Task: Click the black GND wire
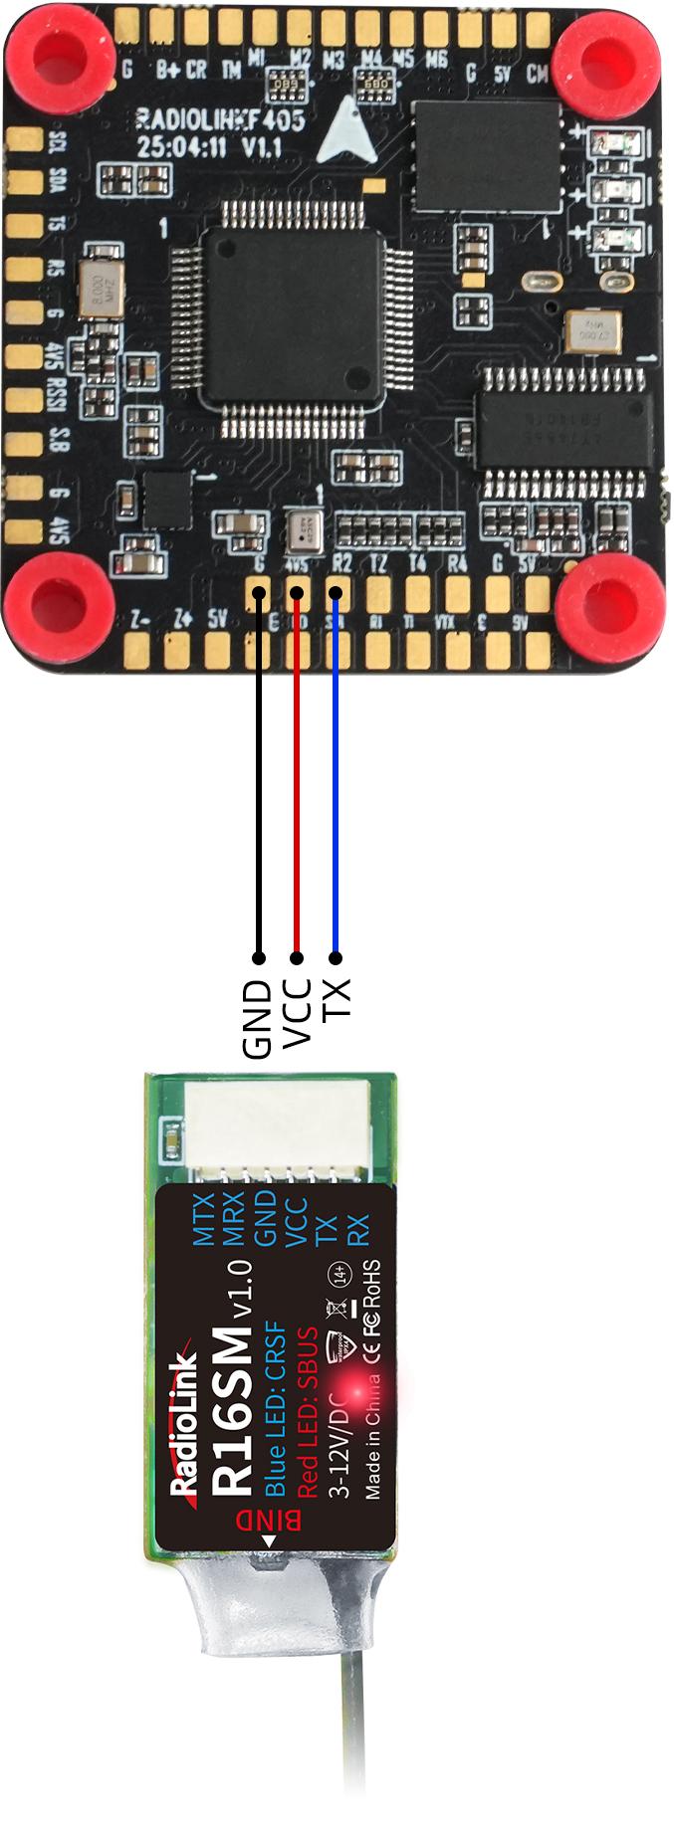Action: [x=259, y=776]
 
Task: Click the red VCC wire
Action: [x=297, y=776]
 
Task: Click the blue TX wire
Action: [x=336, y=776]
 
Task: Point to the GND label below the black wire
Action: [x=258, y=1019]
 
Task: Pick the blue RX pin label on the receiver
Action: [x=358, y=1230]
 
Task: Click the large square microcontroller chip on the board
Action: [x=291, y=317]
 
